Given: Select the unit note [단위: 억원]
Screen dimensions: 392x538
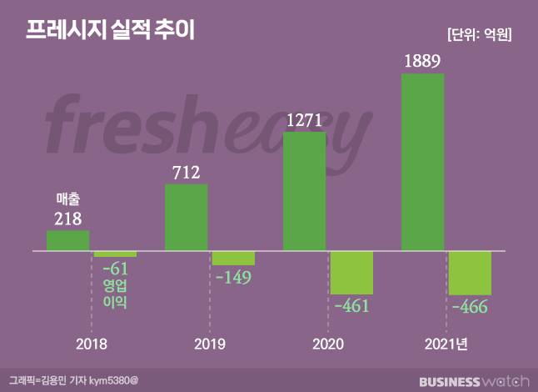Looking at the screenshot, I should tap(479, 35).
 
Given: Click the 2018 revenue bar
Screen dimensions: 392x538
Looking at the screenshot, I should tap(67, 240).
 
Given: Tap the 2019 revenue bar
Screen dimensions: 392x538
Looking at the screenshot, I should tap(187, 217).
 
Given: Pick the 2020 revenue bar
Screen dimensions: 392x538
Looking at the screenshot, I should tap(305, 191).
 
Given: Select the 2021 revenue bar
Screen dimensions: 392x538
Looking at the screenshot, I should tap(423, 162).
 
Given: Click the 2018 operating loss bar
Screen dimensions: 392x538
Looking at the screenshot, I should tap(115, 254).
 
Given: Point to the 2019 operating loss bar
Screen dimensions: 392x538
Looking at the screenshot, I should tap(233, 258).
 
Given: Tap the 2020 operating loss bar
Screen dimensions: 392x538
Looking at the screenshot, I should tap(351, 272).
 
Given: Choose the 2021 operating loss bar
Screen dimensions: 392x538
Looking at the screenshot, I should tap(470, 272).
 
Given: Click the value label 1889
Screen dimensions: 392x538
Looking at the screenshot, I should tap(422, 60).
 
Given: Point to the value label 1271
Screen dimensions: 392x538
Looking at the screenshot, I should tap(305, 118).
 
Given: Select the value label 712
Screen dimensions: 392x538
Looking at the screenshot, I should tap(187, 172).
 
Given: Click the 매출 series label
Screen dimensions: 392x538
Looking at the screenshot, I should tap(67, 199).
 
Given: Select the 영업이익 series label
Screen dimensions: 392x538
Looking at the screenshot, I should tap(115, 294).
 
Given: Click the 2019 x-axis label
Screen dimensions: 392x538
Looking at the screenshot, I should tap(209, 344).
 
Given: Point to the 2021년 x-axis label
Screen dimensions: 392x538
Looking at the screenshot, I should tap(446, 344).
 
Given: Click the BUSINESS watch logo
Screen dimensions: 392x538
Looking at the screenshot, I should tap(474, 381).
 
